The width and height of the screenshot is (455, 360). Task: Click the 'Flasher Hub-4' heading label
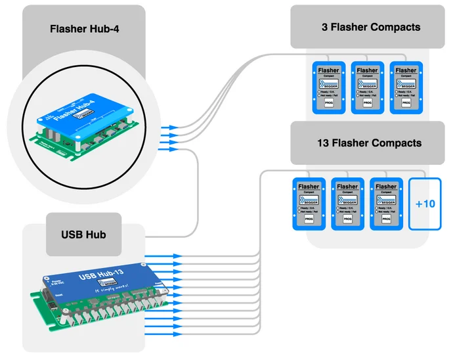coord(83,29)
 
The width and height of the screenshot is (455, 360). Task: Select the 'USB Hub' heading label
coord(83,235)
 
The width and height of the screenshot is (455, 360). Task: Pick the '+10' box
coord(425,204)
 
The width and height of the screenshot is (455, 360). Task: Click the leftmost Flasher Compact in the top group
coord(328,88)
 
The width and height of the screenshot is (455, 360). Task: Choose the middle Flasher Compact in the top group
coord(367,88)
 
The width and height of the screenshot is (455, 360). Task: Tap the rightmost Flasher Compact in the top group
coord(405,88)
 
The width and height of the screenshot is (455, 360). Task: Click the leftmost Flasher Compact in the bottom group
coord(309,204)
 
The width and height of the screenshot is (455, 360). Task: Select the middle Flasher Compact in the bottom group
coord(347,204)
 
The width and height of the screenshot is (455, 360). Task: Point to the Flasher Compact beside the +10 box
coord(385,204)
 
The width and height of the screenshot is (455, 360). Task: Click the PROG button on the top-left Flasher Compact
coord(329,104)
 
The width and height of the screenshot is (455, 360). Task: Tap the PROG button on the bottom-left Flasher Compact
coord(309,220)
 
